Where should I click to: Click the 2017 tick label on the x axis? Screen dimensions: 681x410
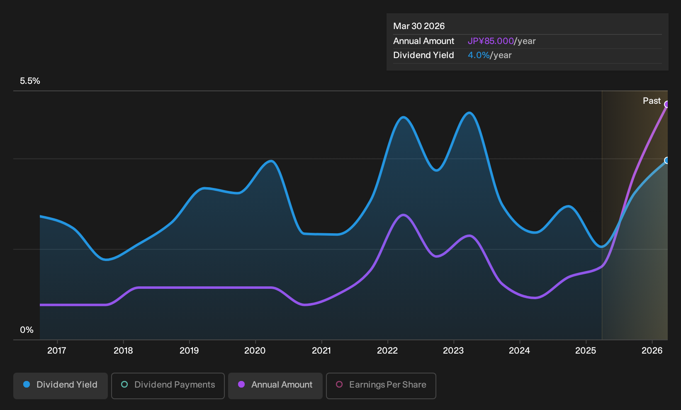[x=56, y=351]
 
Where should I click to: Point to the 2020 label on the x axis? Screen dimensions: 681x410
[x=255, y=351]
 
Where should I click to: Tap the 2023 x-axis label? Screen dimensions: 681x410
[x=453, y=351]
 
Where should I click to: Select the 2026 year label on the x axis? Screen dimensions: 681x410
[x=652, y=351]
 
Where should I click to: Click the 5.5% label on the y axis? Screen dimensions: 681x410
[x=30, y=81]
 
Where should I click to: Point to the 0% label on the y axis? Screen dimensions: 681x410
[x=27, y=330]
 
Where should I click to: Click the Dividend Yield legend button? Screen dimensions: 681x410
[x=61, y=386]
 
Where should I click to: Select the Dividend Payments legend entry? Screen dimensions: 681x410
[x=168, y=386]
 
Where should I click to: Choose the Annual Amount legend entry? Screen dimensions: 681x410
[x=275, y=386]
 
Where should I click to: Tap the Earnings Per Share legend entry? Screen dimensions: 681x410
[x=381, y=386]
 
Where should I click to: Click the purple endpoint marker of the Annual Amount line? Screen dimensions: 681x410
[x=667, y=104]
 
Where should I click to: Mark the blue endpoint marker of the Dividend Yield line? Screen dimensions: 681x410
[x=667, y=160]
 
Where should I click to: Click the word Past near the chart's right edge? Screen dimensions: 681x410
[x=652, y=101]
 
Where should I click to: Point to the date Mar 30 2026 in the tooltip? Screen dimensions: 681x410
[x=418, y=26]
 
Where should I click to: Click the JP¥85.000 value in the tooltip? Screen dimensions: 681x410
[x=490, y=41]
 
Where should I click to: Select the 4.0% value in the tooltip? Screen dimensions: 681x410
[x=479, y=55]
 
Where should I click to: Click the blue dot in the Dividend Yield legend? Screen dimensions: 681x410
[x=27, y=384]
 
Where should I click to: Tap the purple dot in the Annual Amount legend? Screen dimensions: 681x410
[x=241, y=384]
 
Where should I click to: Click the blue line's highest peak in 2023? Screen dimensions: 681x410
[x=469, y=113]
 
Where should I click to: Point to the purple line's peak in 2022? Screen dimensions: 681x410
[x=403, y=215]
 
